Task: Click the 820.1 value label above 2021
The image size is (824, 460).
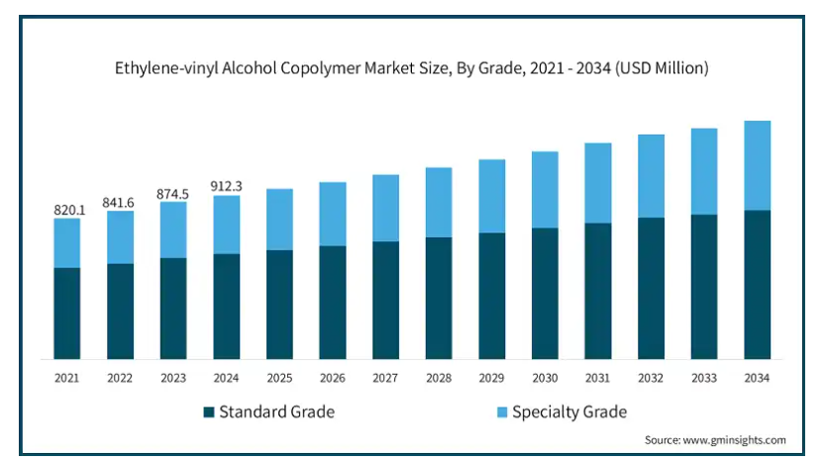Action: [x=67, y=210]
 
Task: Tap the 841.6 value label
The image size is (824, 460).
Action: [x=120, y=203]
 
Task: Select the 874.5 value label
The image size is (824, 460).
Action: [x=173, y=194]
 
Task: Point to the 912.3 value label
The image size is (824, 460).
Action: [x=227, y=185]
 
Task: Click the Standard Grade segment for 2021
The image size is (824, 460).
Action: [x=67, y=313]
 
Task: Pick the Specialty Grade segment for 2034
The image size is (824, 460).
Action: [x=758, y=165]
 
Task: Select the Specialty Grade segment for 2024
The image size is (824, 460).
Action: [x=227, y=225]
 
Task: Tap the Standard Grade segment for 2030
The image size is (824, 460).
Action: [x=545, y=293]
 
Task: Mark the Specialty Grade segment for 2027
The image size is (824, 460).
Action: [x=386, y=208]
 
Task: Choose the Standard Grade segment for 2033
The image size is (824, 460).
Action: [x=704, y=286]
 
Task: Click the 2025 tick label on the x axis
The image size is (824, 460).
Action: [x=279, y=378]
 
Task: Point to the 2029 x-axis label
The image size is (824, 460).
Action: [x=492, y=378]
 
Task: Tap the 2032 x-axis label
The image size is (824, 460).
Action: [x=651, y=378]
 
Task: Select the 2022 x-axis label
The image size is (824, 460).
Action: [x=120, y=378]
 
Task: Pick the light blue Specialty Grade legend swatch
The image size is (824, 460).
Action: [x=500, y=412]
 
